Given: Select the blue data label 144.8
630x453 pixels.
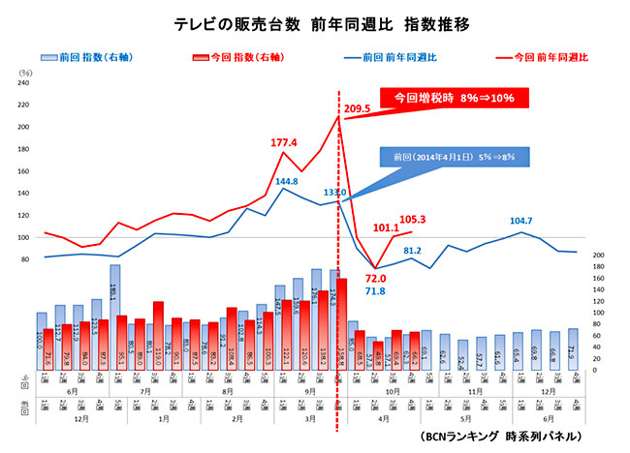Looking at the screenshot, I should click(x=286, y=181).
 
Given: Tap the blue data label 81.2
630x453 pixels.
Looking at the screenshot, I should click(x=411, y=251).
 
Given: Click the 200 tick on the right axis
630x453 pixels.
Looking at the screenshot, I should click(x=599, y=256).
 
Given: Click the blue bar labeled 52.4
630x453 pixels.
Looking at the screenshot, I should click(x=463, y=354).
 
